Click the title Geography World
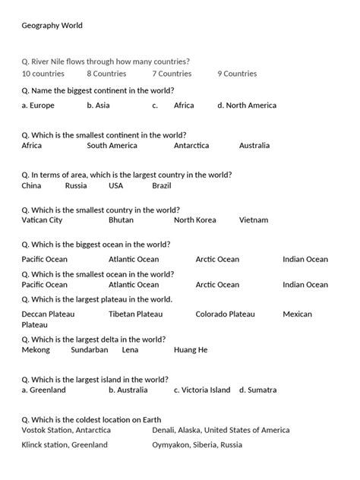point(52,26)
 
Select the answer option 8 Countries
point(106,74)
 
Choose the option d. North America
point(247,106)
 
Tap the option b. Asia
point(99,106)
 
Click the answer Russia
point(76,185)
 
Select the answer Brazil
point(162,185)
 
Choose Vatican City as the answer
point(43,220)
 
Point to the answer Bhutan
point(121,220)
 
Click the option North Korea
point(195,220)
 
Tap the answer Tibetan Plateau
point(135,314)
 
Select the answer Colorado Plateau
point(225,314)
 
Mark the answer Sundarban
point(90,350)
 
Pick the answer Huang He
point(191,350)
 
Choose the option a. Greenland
point(44,390)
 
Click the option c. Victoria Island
point(202,390)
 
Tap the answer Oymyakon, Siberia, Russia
point(197,444)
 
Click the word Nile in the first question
point(71,61)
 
